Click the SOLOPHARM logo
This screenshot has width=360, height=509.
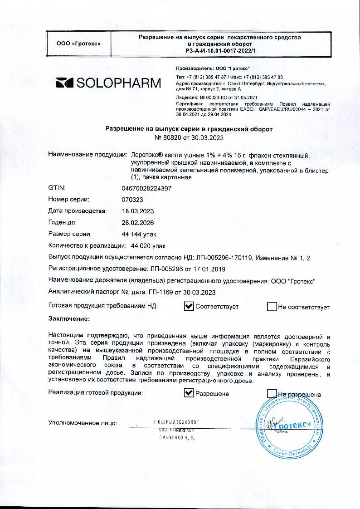[x=108, y=83]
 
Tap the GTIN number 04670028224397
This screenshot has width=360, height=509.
[x=146, y=187]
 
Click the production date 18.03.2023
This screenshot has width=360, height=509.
[x=138, y=211]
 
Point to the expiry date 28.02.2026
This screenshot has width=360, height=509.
[x=138, y=223]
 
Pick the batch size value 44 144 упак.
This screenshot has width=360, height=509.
[x=140, y=235]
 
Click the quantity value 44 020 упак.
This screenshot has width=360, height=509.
[x=149, y=246]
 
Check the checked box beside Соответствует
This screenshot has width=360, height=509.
[x=189, y=307]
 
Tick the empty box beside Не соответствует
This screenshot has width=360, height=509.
[x=272, y=307]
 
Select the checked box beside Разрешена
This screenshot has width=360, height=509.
[x=189, y=394]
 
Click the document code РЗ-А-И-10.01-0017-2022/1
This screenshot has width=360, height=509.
[x=220, y=51]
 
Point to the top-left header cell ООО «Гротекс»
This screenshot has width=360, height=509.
[x=78, y=44]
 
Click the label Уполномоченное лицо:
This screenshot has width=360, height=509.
[x=82, y=423]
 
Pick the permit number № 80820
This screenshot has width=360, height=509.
[x=174, y=137]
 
